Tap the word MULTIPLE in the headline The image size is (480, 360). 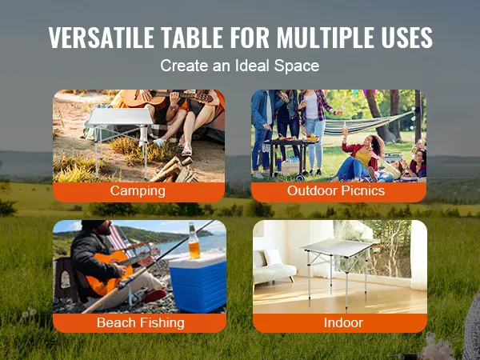[326, 38]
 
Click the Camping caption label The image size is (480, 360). [138, 190]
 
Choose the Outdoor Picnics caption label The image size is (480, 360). [336, 190]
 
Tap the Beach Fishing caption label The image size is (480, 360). [141, 322]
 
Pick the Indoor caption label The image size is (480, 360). [343, 322]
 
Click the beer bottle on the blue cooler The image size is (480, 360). [194, 241]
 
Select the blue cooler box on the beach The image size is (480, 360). [198, 283]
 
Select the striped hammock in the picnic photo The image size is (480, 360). [367, 124]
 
